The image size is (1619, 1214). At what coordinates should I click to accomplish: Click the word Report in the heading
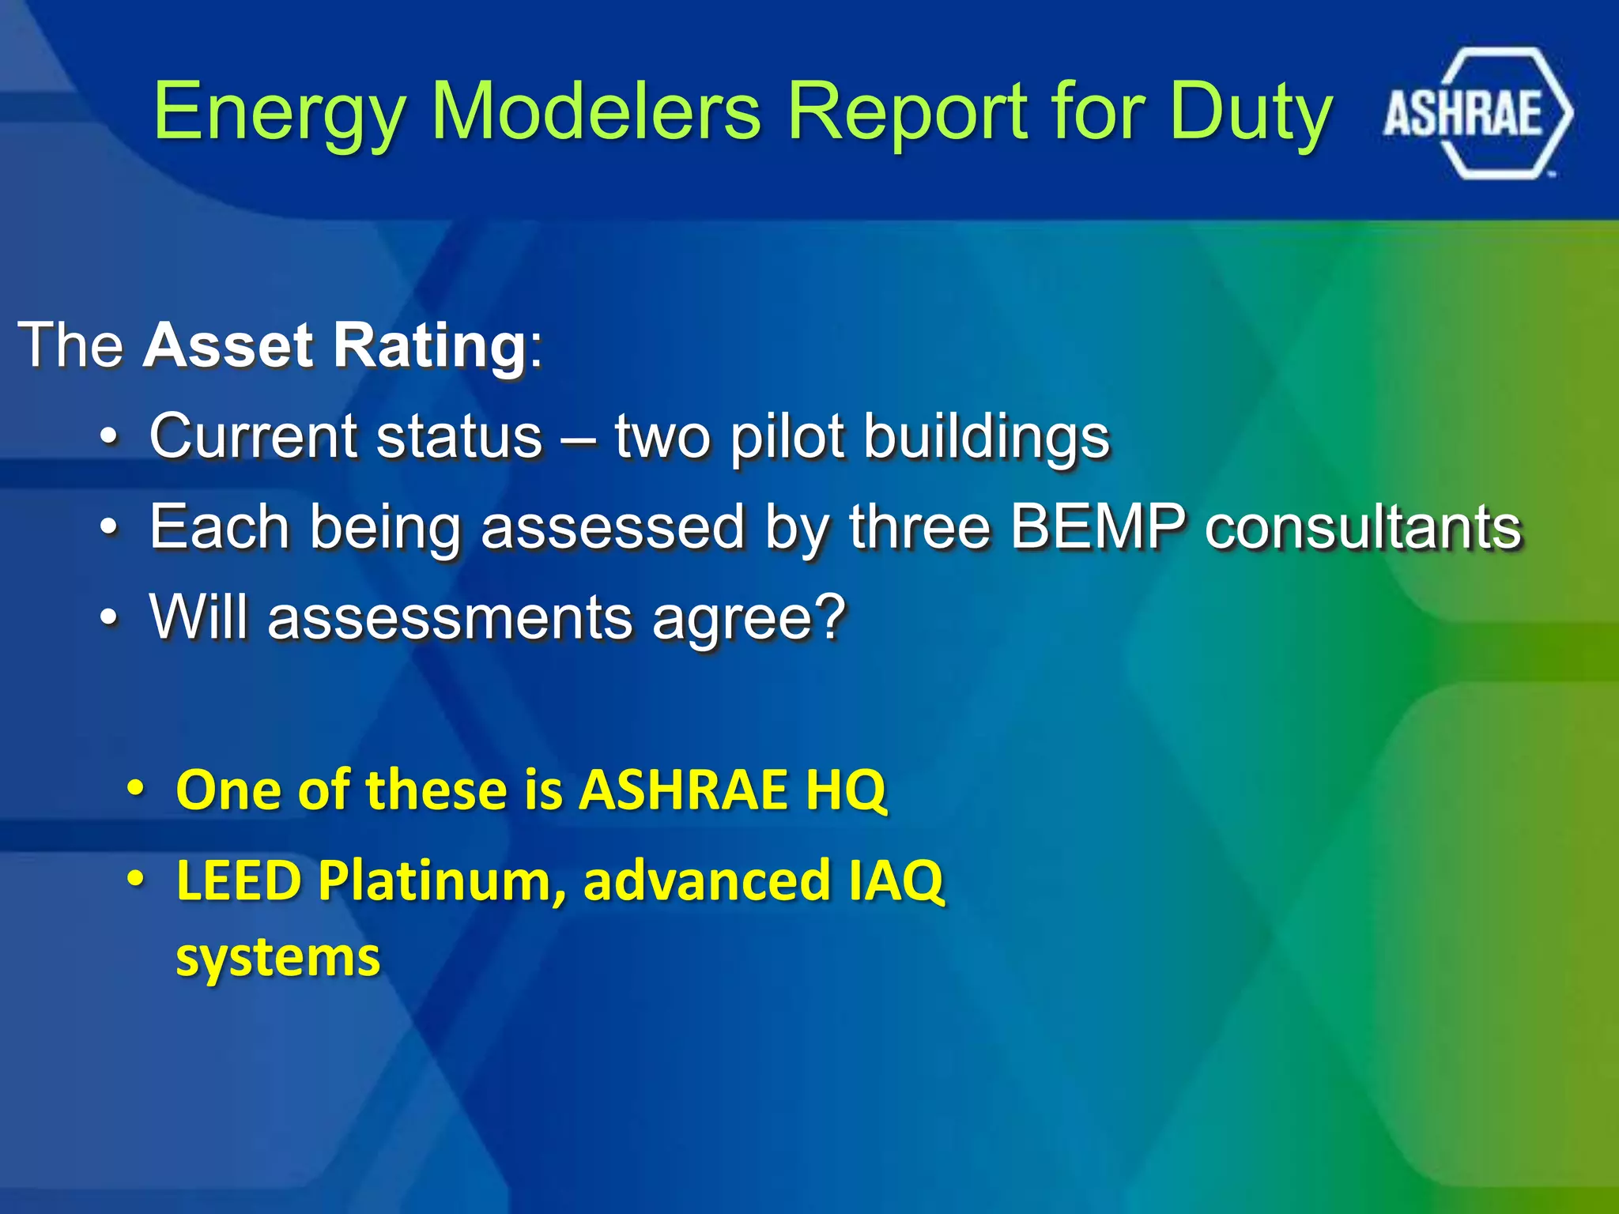(x=909, y=113)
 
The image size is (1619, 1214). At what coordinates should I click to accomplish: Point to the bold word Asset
(x=228, y=345)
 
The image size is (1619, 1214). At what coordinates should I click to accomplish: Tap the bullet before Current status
(x=110, y=436)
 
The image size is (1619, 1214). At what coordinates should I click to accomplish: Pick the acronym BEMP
(x=1098, y=526)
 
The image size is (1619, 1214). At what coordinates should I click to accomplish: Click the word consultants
(x=1363, y=527)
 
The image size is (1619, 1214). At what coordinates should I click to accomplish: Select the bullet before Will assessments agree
(x=110, y=617)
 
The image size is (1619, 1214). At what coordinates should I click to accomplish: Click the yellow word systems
(x=277, y=959)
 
